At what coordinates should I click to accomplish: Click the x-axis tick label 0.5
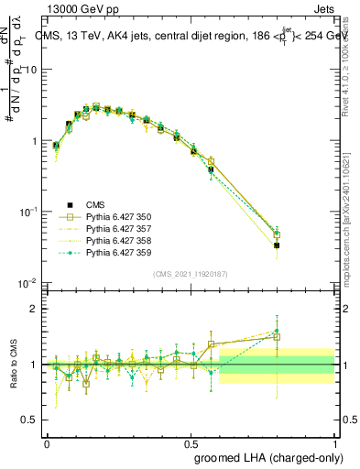coord(191,441)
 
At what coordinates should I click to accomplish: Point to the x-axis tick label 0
coord(47,441)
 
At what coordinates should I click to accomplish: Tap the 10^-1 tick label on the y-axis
coord(29,212)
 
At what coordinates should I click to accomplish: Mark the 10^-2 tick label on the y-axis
coord(29,283)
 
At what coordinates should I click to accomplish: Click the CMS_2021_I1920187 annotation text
coord(191,273)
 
